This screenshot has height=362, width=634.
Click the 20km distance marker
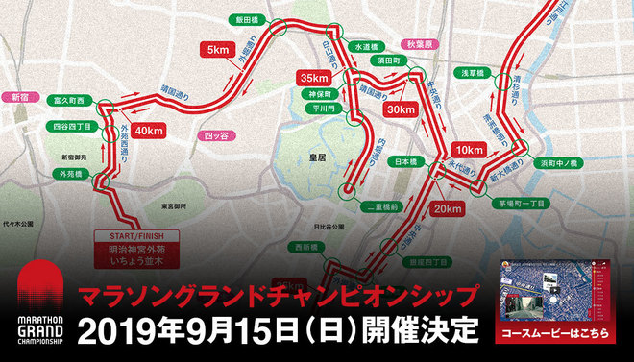449,208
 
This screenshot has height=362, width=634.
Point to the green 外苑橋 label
73,175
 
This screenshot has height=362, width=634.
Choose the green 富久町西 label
69,99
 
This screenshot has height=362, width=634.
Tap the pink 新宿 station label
16,97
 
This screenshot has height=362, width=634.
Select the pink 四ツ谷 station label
220,135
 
